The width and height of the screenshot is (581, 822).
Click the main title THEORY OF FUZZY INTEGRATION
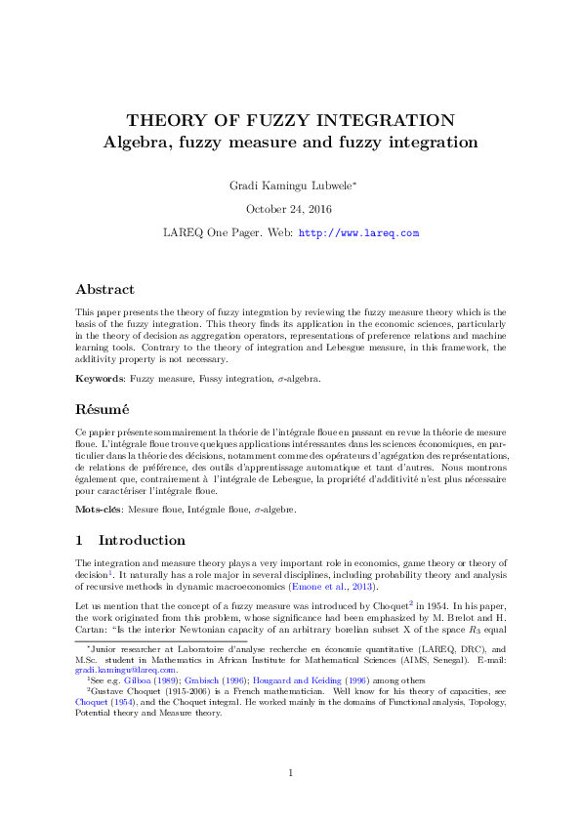coord(290,121)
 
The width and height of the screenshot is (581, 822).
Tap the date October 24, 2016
coord(289,209)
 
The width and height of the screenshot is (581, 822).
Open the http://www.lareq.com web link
coord(358,233)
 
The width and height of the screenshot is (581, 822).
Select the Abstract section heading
coord(109,289)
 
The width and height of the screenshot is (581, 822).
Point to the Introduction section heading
coord(142,540)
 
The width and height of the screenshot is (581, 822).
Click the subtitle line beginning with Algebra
coord(290,143)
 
